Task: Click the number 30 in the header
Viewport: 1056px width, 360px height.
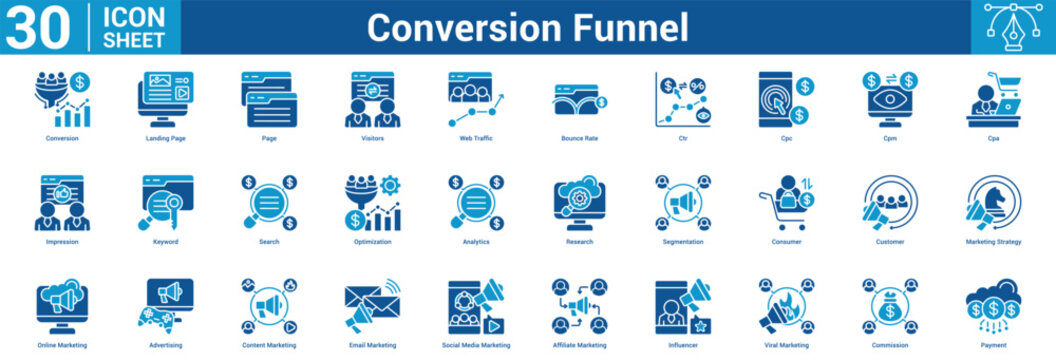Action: [x=38, y=26]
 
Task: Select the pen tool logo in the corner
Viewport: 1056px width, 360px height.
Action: [x=1012, y=27]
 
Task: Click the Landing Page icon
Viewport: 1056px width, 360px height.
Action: [x=166, y=98]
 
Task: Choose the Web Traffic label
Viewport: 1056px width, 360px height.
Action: [x=476, y=138]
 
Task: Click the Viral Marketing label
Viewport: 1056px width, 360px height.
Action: [x=785, y=345]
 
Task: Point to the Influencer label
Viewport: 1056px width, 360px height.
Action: [x=682, y=345]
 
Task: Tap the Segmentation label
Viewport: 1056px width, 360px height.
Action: [x=682, y=242]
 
